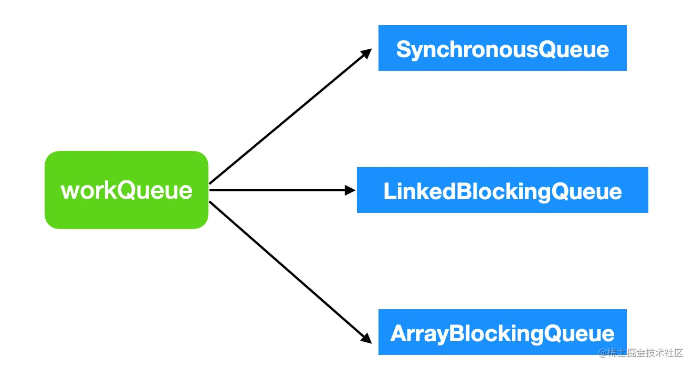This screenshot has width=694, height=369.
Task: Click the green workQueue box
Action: tap(127, 190)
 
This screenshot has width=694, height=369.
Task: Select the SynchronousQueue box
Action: tap(502, 48)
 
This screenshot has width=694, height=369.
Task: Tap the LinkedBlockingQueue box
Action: tap(502, 190)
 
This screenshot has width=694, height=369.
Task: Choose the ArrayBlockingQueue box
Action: tap(502, 332)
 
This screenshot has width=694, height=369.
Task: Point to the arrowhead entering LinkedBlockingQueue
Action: tap(350, 190)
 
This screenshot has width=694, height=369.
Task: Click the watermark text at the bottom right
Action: tap(640, 353)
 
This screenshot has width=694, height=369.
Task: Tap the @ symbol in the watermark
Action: tap(603, 353)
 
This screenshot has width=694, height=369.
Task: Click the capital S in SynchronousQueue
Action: tap(403, 49)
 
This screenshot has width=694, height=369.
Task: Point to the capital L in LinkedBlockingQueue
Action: tap(390, 191)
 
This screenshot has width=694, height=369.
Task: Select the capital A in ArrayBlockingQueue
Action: tap(399, 333)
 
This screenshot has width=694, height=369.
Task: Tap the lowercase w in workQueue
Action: tap(70, 191)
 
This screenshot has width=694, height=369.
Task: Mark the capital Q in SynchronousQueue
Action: tap(548, 49)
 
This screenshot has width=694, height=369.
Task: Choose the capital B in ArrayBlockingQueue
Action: tap(456, 333)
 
